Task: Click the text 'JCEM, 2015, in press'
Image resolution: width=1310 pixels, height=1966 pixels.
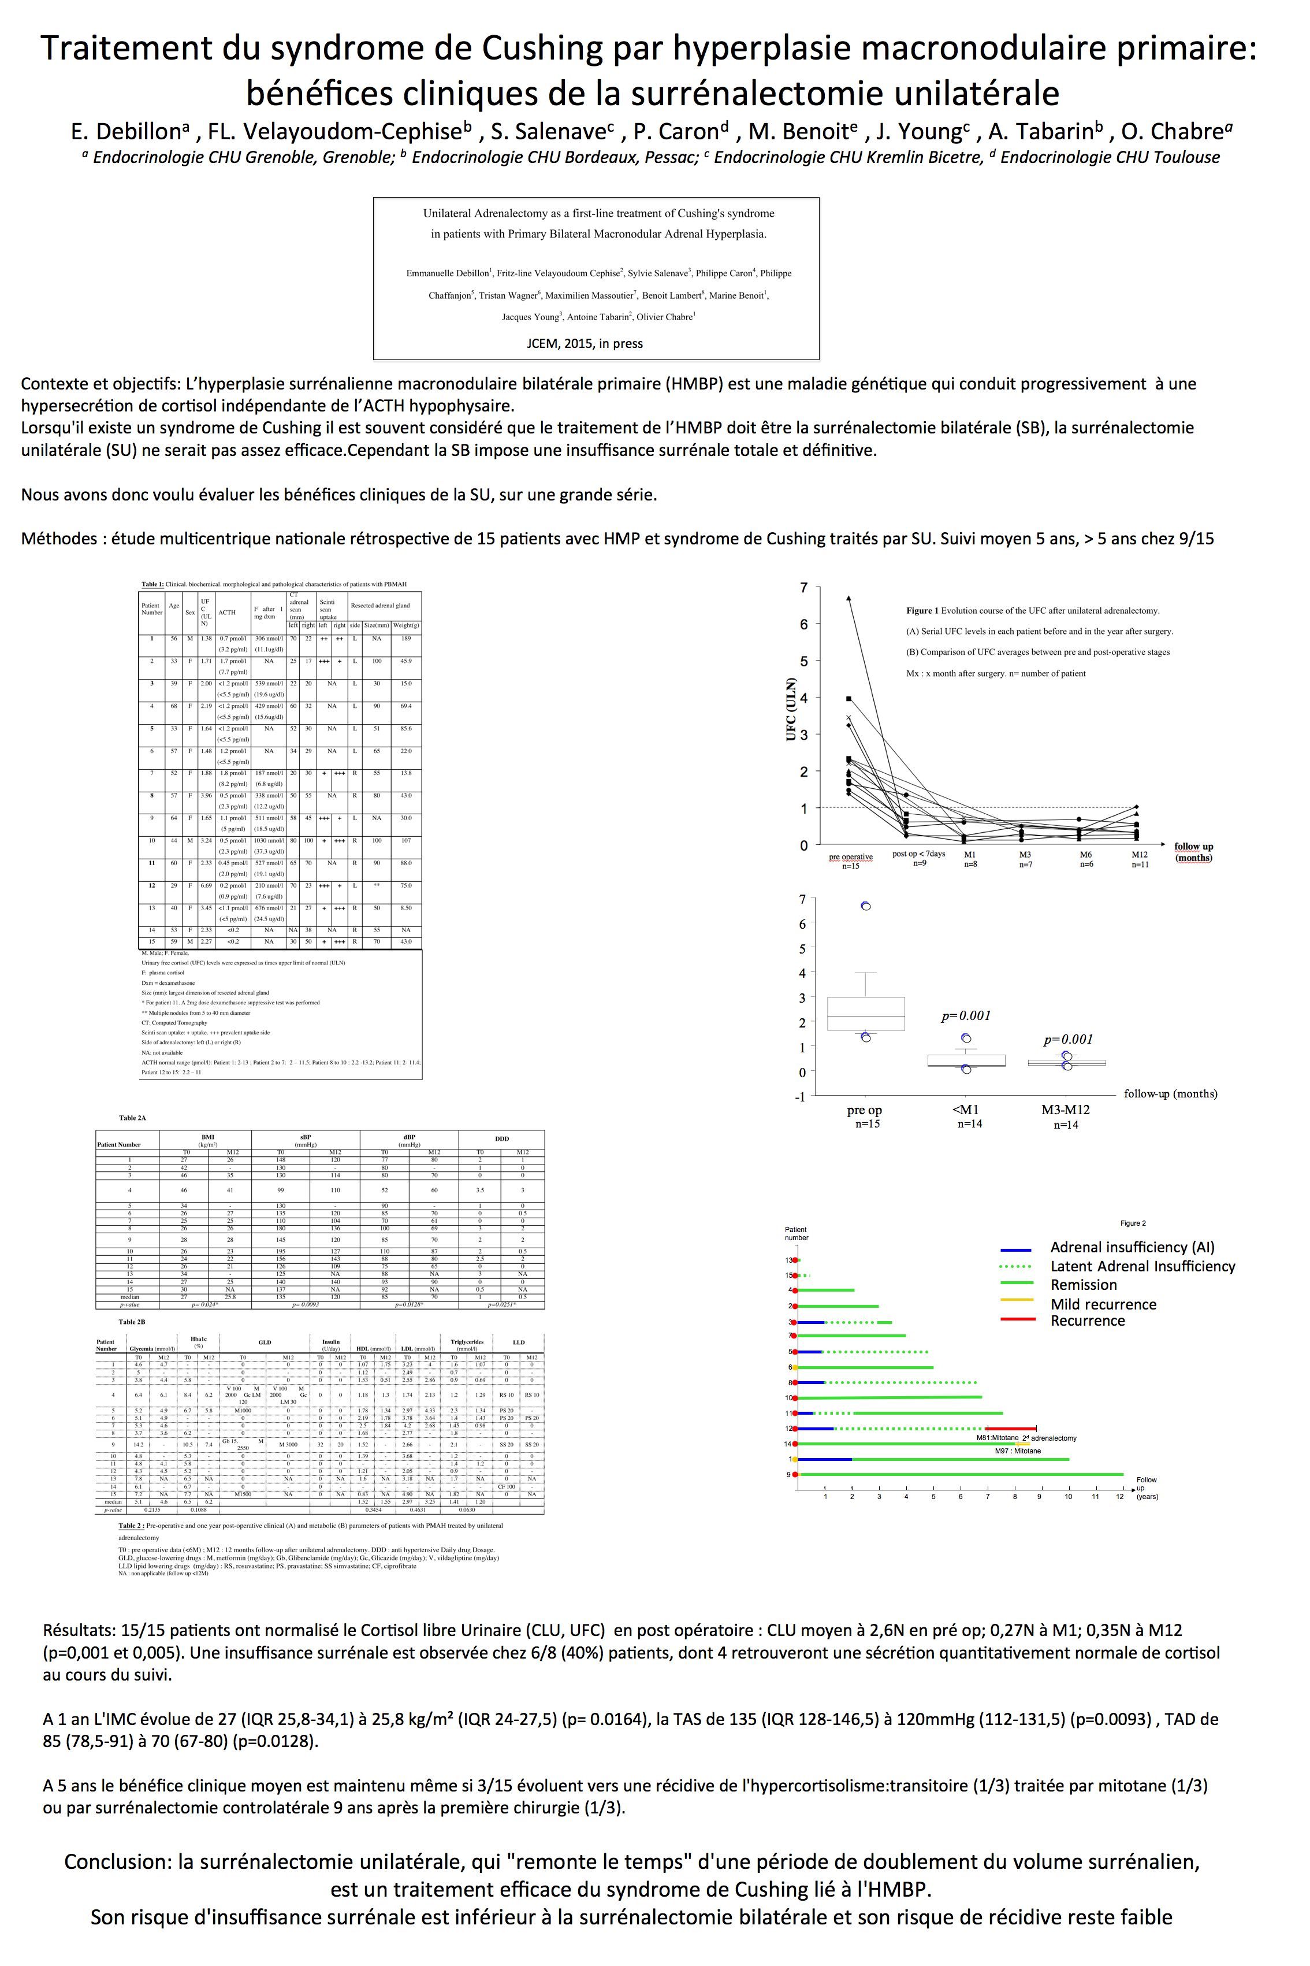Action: [584, 343]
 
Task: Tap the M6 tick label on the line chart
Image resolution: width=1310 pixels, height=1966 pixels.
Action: [1085, 854]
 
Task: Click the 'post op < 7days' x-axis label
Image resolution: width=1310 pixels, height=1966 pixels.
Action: [918, 854]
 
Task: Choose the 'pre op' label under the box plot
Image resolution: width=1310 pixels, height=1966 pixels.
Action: [864, 1110]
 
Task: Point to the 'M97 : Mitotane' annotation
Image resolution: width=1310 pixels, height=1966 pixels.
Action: [1018, 1451]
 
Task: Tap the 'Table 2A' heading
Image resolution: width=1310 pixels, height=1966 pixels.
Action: [133, 1118]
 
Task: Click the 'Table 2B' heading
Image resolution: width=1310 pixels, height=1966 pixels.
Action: [132, 1322]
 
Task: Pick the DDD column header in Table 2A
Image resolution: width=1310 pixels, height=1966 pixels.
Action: [501, 1138]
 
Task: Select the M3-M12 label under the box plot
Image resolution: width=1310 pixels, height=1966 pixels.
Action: [1065, 1110]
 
